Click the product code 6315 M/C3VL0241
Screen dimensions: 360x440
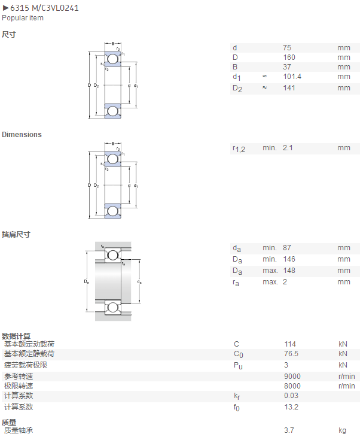[x=45, y=8]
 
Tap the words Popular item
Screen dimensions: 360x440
[x=23, y=18]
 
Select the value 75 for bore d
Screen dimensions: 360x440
[x=287, y=48]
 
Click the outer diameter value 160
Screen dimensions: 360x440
[x=289, y=57]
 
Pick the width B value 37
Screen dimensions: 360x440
[x=287, y=67]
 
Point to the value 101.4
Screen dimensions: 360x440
[x=292, y=77]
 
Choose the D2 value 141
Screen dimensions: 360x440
[x=289, y=88]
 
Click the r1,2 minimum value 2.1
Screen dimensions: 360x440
[x=288, y=148]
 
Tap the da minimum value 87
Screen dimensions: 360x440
[x=287, y=248]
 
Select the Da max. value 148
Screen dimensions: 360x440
[x=289, y=271]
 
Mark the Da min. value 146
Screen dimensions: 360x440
[x=289, y=259]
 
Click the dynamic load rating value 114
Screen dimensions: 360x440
[x=290, y=344]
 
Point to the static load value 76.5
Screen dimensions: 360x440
[x=291, y=354]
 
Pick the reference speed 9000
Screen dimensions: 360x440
[x=292, y=377]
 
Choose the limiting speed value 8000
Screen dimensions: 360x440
[x=292, y=386]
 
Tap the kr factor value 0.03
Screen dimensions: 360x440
[x=291, y=395]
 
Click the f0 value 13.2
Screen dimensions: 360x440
[x=291, y=407]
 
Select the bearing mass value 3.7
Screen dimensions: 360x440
[x=289, y=430]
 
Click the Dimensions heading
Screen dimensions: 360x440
[x=22, y=135]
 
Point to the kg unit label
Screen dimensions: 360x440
[x=342, y=431]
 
